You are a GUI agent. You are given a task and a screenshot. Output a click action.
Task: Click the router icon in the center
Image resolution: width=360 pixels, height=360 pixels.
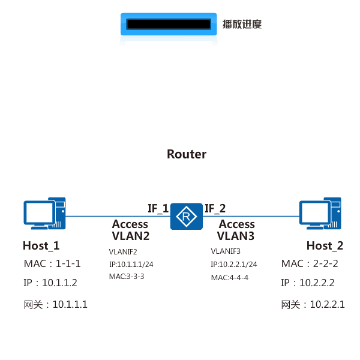[186, 216]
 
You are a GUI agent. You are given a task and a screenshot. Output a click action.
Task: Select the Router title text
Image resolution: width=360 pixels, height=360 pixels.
[187, 154]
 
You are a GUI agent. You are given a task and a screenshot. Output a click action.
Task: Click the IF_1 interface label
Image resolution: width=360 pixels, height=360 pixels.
[158, 208]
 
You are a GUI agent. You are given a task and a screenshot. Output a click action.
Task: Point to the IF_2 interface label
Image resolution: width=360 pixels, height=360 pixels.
[215, 208]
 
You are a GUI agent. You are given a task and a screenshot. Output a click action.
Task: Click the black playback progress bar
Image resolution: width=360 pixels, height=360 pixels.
[169, 25]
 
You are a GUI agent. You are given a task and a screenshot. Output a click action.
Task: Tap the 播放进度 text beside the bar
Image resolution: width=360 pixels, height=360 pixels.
[242, 25]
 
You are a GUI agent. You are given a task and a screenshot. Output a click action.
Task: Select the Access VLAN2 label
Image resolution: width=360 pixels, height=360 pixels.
[130, 230]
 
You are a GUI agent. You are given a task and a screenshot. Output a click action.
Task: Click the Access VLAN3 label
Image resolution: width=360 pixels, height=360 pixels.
[236, 230]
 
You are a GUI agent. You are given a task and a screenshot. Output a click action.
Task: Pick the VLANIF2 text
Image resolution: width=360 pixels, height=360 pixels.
[123, 252]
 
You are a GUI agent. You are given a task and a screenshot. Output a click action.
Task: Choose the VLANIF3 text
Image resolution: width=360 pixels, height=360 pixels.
[226, 251]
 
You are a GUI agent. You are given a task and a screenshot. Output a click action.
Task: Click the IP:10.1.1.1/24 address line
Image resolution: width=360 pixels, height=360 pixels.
[131, 265]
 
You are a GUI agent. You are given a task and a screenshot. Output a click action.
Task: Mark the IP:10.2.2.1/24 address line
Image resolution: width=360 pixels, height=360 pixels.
[234, 265]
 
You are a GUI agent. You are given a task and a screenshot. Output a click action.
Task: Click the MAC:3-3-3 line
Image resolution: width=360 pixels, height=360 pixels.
[126, 277]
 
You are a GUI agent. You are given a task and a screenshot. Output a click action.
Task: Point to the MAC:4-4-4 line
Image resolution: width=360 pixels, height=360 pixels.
[229, 277]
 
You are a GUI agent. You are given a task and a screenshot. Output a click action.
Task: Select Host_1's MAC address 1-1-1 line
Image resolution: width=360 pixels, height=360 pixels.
[52, 264]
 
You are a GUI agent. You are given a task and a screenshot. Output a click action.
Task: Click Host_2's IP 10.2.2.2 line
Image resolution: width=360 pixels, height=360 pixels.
[308, 283]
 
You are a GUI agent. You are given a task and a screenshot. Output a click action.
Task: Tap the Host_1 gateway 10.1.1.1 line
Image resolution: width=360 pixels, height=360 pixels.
[55, 304]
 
